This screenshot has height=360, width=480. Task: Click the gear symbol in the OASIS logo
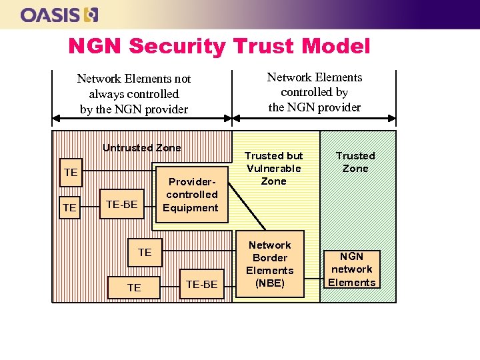coord(91,14)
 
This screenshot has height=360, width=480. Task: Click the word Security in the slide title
coord(177,46)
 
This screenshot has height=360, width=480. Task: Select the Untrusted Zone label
coord(141,148)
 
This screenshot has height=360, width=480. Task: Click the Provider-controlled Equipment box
coord(192,194)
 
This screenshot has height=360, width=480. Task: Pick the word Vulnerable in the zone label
coord(273,168)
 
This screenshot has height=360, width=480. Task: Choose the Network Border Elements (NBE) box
coord(269,264)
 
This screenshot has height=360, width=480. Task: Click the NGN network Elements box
coord(351,269)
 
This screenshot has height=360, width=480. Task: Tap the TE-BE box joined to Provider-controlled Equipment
coord(121,204)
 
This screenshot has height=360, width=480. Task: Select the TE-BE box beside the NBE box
coord(201,285)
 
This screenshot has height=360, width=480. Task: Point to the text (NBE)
coord(269,283)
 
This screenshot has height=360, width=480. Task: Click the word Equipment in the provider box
coord(191,207)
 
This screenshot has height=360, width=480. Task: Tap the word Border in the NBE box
coord(270,257)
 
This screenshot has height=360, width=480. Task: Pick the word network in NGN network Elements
coord(351,269)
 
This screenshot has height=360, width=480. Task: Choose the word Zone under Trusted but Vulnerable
coord(273,181)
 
